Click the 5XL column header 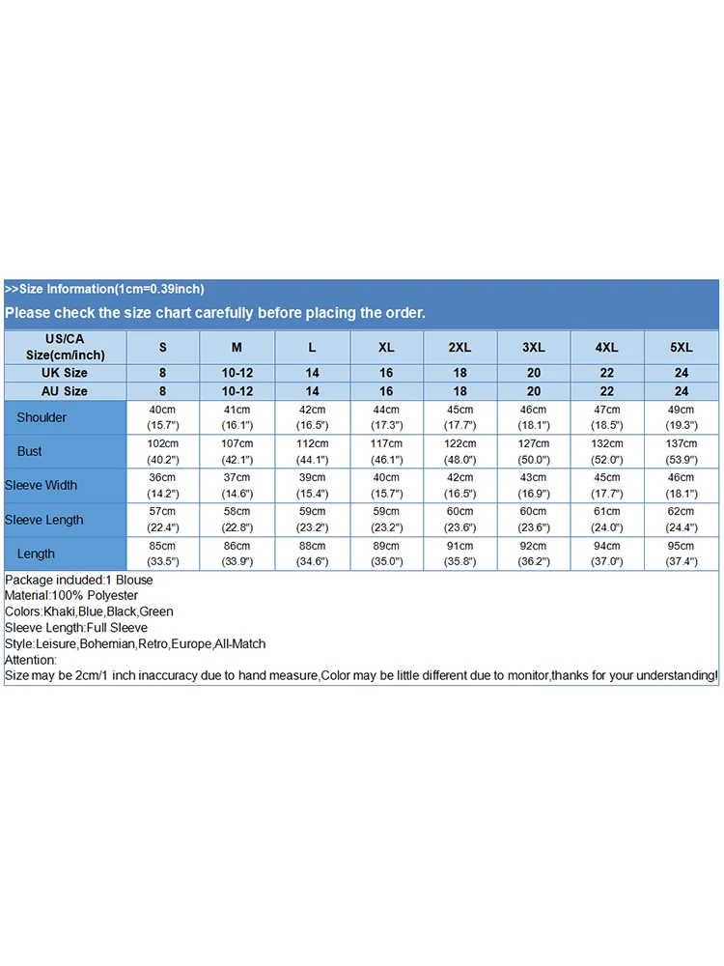click(682, 347)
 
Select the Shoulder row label click(42, 417)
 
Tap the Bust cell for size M click(237, 451)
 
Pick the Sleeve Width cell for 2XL click(459, 485)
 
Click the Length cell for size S click(162, 554)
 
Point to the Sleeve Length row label click(43, 520)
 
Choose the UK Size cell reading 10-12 click(237, 373)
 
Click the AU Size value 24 click(682, 391)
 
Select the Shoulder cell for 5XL click(681, 417)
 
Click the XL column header click(386, 347)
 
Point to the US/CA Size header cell click(66, 347)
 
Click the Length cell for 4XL click(608, 554)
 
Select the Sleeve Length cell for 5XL click(681, 520)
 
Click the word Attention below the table click(30, 660)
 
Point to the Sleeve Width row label click(41, 485)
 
